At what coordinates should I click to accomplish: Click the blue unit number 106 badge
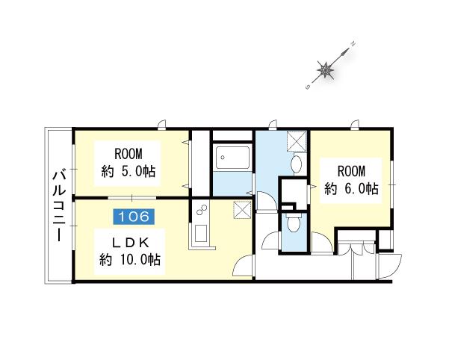(134, 217)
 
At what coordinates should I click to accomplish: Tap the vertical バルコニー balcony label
(59, 205)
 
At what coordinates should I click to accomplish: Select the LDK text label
(130, 243)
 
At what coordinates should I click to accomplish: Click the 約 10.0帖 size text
(130, 260)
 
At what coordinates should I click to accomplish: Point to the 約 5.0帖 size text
(128, 172)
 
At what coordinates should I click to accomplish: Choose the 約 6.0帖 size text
(351, 189)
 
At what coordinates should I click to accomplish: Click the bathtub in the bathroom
(232, 158)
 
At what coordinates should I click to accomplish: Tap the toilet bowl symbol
(294, 223)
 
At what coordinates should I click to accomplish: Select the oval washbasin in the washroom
(297, 165)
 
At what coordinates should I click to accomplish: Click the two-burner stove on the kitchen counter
(201, 210)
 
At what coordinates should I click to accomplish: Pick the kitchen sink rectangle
(201, 233)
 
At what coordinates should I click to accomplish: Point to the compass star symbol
(326, 69)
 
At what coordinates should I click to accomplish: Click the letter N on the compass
(353, 44)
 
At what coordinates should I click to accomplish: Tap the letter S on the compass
(308, 87)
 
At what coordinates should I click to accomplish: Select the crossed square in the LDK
(243, 210)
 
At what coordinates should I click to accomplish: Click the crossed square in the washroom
(297, 141)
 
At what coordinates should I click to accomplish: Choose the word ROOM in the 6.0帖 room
(352, 172)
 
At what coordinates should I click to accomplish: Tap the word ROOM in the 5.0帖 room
(128, 154)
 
